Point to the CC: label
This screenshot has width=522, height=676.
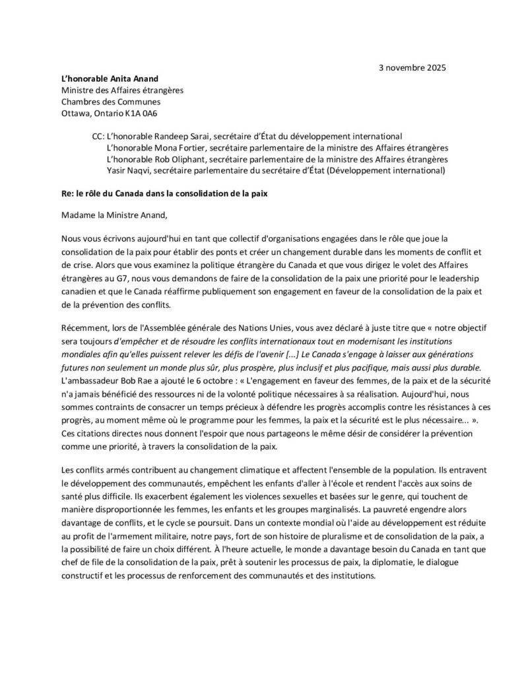[x=95, y=135]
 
